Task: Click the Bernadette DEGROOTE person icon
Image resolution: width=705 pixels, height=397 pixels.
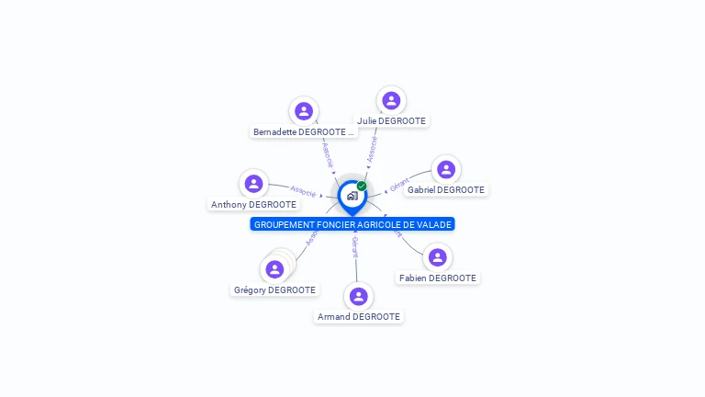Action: click(x=304, y=111)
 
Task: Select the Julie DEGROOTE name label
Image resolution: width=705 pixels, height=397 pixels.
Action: click(x=392, y=120)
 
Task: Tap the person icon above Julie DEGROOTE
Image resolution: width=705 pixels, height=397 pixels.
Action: click(x=392, y=100)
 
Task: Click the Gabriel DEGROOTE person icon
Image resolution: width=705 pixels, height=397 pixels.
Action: click(x=446, y=169)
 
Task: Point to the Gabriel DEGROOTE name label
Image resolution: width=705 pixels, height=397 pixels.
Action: click(x=446, y=190)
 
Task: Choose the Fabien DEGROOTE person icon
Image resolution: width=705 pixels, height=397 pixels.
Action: click(x=438, y=257)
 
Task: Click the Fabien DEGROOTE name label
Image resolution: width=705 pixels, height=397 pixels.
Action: click(x=438, y=278)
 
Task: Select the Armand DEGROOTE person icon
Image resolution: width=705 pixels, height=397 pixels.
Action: click(x=359, y=296)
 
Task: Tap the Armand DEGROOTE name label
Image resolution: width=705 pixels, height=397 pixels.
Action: click(x=359, y=317)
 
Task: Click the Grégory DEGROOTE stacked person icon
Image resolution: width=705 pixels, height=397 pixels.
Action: click(x=274, y=269)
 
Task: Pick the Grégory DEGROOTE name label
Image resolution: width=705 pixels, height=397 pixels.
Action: click(x=274, y=290)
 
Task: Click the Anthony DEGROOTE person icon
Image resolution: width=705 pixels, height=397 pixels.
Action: click(x=254, y=184)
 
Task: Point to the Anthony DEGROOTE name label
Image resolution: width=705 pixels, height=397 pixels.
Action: click(x=253, y=205)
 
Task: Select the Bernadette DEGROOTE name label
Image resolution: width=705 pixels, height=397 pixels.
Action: click(x=304, y=132)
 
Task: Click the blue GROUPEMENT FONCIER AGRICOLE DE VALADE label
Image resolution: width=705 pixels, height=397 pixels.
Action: click(x=352, y=224)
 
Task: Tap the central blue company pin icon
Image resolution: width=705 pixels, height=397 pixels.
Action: click(x=352, y=196)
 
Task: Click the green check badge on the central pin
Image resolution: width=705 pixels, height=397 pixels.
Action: click(x=362, y=187)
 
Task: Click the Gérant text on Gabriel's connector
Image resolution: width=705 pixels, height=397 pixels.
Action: click(x=398, y=184)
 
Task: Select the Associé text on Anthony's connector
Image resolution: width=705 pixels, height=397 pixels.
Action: click(x=303, y=192)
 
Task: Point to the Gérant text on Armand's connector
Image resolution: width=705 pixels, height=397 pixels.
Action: click(x=355, y=246)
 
